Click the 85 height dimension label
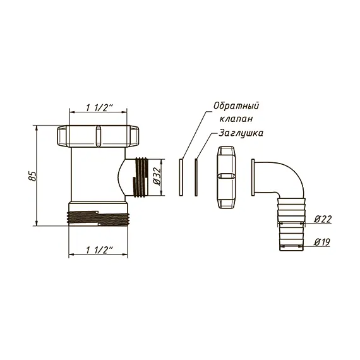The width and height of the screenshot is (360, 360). [x=33, y=176]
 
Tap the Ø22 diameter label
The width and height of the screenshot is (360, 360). [x=323, y=219]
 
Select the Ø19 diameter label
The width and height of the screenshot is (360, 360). [x=322, y=242]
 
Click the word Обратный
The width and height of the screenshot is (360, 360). [x=236, y=106]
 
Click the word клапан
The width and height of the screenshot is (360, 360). [x=236, y=119]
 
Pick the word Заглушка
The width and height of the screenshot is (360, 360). [x=241, y=133]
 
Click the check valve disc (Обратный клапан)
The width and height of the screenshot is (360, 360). [x=181, y=177]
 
